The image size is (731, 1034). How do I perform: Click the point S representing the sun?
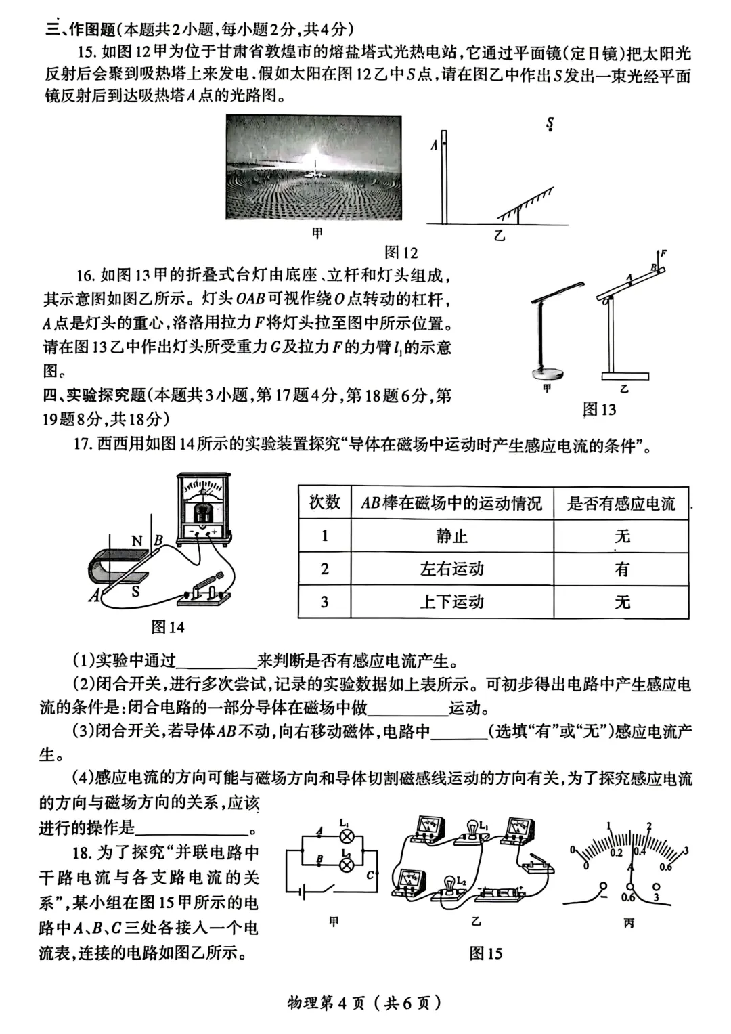(550, 124)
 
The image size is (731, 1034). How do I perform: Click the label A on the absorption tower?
(434, 145)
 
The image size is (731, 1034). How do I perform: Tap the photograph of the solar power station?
(313, 167)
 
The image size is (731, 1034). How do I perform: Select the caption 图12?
(401, 253)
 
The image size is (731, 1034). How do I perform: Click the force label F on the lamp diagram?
(663, 253)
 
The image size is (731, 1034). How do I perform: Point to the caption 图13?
(599, 409)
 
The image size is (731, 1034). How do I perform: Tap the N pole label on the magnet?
(137, 541)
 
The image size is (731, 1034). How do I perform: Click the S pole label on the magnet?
(135, 591)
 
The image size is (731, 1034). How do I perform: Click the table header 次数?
(324, 502)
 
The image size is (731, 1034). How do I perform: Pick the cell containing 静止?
(451, 536)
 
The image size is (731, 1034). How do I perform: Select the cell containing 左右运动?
(451, 569)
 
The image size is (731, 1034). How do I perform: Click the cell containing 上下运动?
(451, 601)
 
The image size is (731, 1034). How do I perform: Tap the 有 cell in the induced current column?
(621, 569)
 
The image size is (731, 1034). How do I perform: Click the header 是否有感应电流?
(621, 503)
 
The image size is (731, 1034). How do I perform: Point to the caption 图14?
(167, 627)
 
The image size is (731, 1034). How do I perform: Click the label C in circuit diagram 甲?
(370, 876)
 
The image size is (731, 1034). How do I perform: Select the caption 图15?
(485, 953)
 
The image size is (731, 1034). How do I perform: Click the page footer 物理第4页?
(365, 1003)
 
